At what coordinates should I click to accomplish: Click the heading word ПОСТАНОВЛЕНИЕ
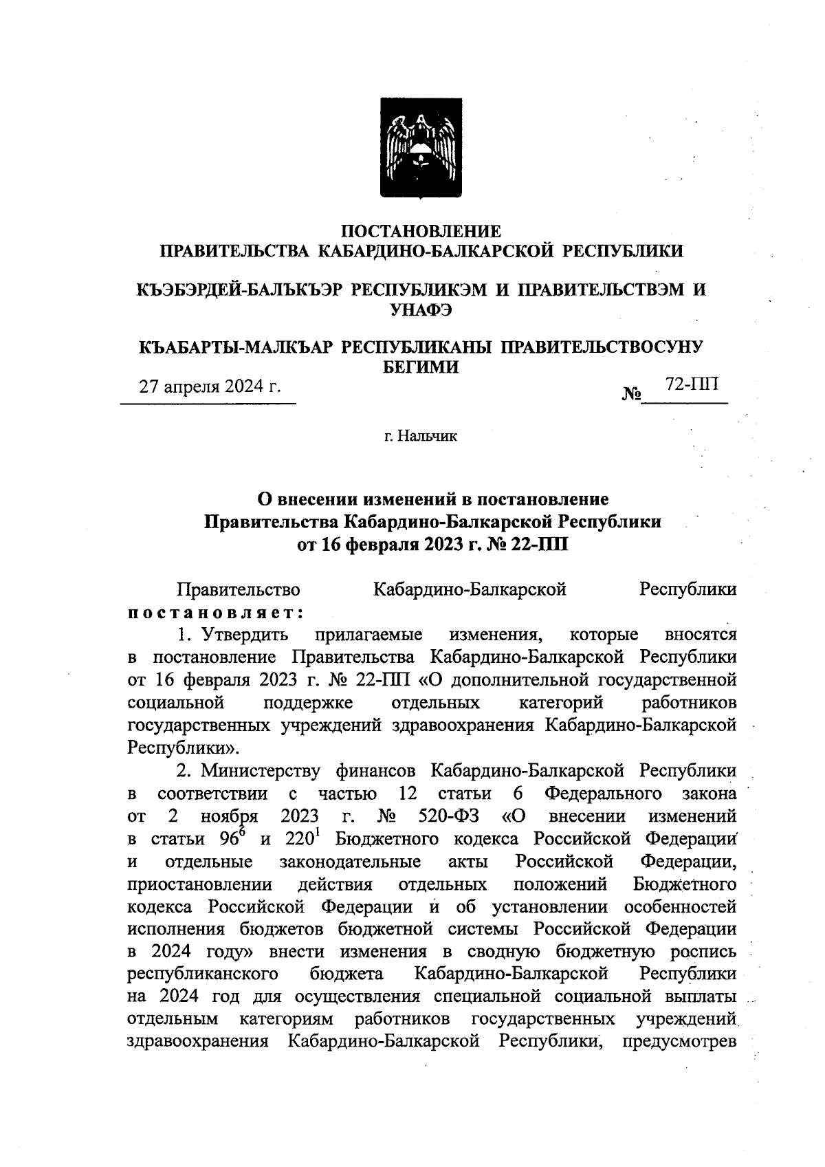click(x=422, y=230)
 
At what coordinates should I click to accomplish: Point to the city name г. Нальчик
click(x=420, y=436)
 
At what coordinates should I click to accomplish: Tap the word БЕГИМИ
click(x=420, y=367)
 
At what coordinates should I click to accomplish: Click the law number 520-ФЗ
click(x=448, y=816)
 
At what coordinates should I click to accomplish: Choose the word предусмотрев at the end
click(x=679, y=1042)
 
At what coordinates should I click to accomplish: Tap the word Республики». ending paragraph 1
click(x=184, y=748)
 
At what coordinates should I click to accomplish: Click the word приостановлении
click(x=200, y=884)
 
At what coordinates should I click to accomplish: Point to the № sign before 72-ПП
click(x=631, y=395)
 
